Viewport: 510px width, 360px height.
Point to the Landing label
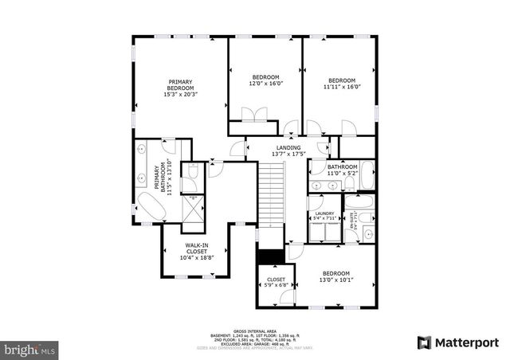(x=288, y=148)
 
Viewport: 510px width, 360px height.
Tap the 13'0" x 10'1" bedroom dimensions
(x=335, y=280)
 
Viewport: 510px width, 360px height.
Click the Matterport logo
(x=457, y=342)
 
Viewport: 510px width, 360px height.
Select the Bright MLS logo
(x=30, y=349)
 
